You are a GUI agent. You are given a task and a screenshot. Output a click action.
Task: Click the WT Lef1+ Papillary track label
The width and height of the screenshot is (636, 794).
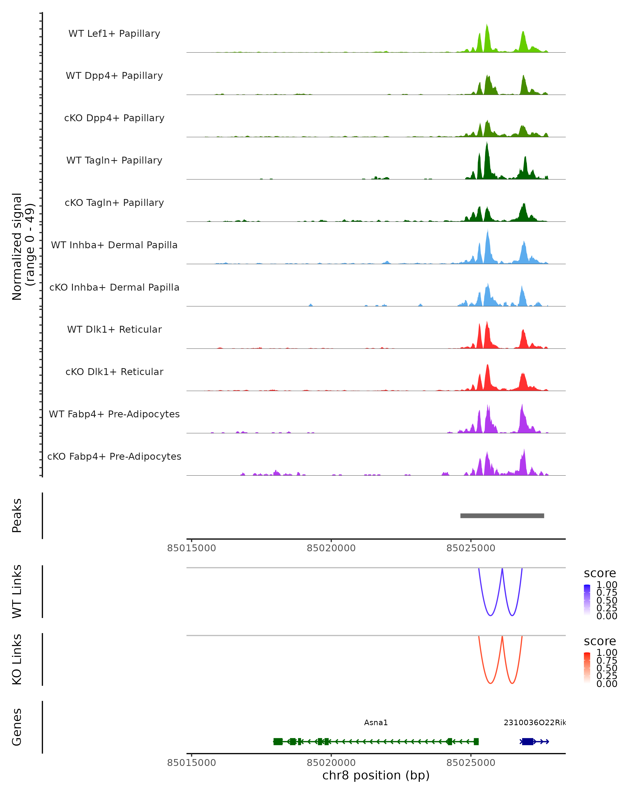coord(114,34)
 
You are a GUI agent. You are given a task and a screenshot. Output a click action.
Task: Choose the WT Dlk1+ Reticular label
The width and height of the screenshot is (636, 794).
coord(114,329)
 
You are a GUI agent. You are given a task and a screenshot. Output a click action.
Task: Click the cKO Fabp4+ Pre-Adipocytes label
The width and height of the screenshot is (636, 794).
coord(114,456)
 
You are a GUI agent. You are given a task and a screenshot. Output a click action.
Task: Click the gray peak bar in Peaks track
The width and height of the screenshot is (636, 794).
coord(502,516)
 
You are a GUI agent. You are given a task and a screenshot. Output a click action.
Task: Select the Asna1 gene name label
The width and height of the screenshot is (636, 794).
coord(376,723)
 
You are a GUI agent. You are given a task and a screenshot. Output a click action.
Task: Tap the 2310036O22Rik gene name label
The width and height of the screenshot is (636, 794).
coord(534,723)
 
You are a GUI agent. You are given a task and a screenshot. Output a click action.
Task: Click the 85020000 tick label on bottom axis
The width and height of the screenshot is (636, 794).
coord(331,763)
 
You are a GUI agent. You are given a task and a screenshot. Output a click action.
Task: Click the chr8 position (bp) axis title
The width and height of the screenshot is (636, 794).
coord(376,775)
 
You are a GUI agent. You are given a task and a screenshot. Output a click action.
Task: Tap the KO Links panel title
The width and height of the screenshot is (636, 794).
coord(17,659)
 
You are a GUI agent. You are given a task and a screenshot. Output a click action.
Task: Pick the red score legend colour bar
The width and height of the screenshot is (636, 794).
coord(587,668)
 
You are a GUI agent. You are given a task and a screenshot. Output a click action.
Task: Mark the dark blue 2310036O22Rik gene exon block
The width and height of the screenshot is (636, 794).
coord(528,742)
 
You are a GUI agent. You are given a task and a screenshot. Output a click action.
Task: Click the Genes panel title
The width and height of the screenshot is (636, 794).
coord(17,727)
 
